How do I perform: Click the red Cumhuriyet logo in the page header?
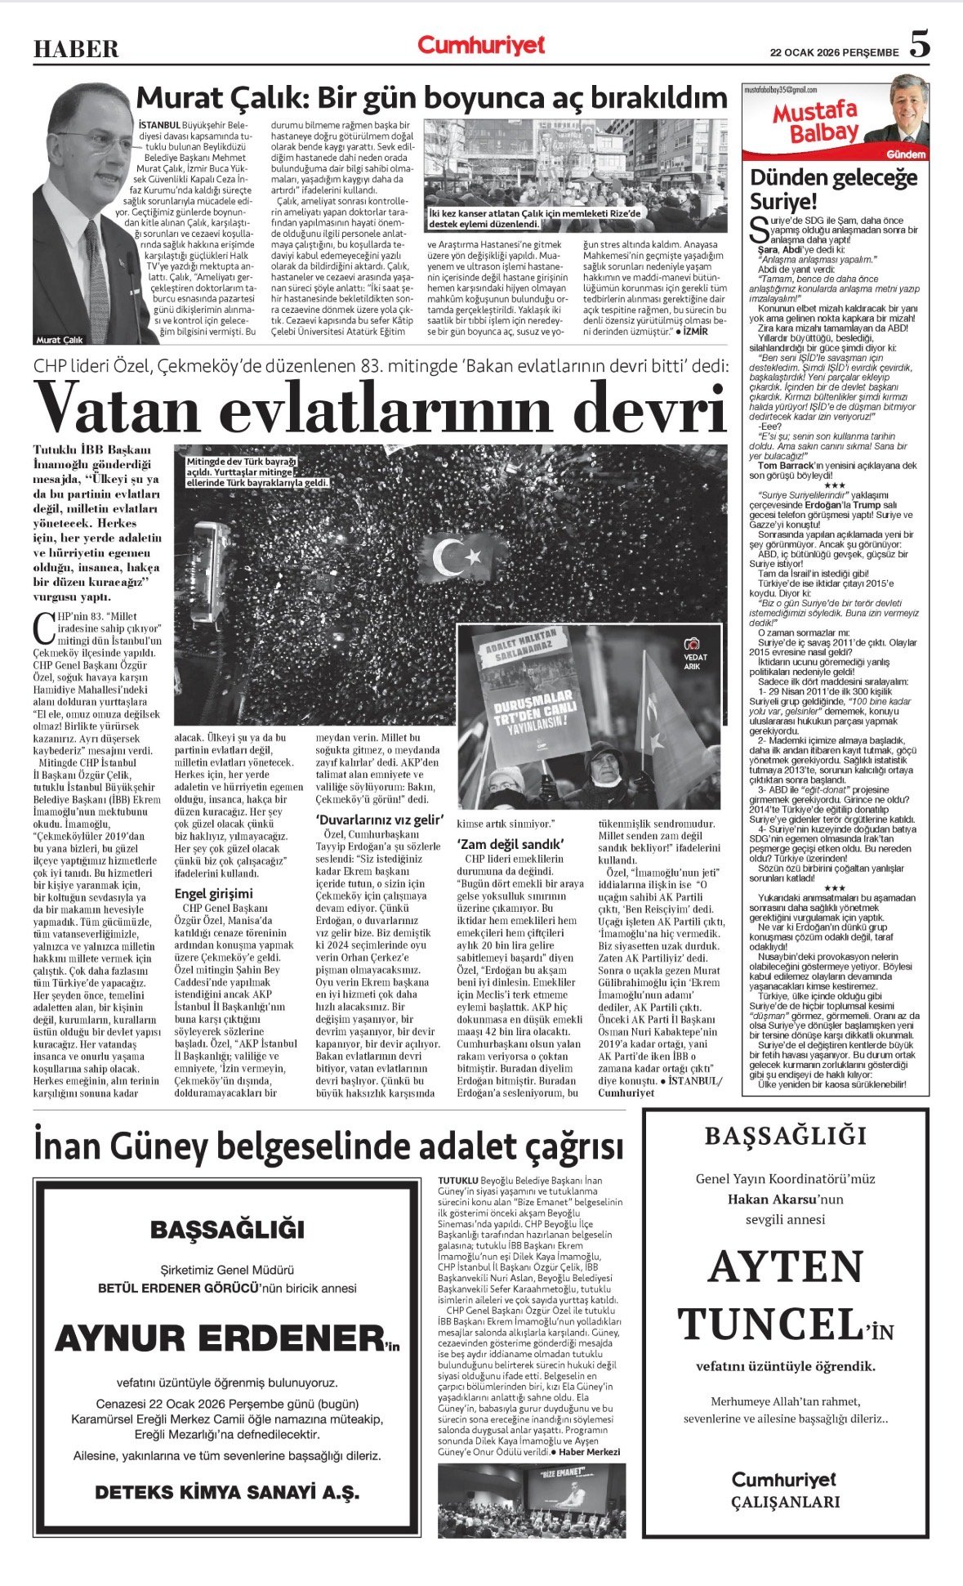480,46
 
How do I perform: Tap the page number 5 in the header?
919,45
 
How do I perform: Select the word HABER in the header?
76,50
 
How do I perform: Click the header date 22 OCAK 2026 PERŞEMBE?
834,52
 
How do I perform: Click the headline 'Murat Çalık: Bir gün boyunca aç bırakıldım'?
431,98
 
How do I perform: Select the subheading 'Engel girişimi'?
213,893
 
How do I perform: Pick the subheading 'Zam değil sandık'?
510,843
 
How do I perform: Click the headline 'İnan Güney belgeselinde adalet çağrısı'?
328,1146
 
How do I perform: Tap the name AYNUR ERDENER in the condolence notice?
218,1337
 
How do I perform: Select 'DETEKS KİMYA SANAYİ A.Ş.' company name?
226,1491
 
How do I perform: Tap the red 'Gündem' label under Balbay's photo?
905,154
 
